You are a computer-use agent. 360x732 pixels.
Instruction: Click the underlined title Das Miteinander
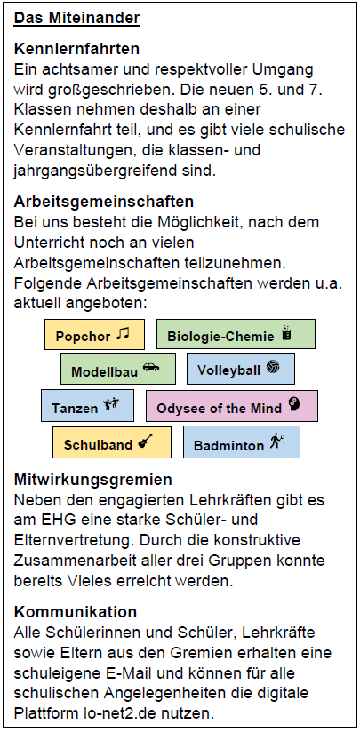pyautogui.click(x=77, y=18)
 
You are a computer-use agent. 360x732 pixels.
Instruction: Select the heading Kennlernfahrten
pyautogui.click(x=76, y=48)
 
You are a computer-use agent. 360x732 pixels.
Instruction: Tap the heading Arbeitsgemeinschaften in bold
pyautogui.click(x=104, y=203)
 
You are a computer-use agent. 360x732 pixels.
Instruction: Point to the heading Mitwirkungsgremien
pyautogui.click(x=93, y=480)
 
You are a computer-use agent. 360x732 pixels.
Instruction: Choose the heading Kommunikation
pyautogui.click(x=76, y=611)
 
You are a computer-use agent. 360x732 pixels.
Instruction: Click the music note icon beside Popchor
pyautogui.click(x=123, y=333)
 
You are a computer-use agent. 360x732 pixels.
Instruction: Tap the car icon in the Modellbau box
pyautogui.click(x=151, y=368)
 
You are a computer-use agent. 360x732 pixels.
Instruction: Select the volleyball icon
pyautogui.click(x=273, y=367)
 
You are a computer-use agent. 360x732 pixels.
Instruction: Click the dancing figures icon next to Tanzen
pyautogui.click(x=111, y=404)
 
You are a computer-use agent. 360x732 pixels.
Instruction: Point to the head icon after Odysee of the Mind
pyautogui.click(x=294, y=404)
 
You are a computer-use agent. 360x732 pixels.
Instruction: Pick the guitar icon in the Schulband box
pyautogui.click(x=146, y=441)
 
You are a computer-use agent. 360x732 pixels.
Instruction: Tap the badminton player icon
pyautogui.click(x=276, y=441)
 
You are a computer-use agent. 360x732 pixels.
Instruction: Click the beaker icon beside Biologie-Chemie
pyautogui.click(x=287, y=334)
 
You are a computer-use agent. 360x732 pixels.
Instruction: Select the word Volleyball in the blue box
pyautogui.click(x=228, y=370)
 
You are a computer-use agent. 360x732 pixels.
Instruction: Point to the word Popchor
pyautogui.click(x=84, y=337)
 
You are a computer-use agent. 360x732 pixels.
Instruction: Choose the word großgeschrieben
pyautogui.click(x=94, y=90)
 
